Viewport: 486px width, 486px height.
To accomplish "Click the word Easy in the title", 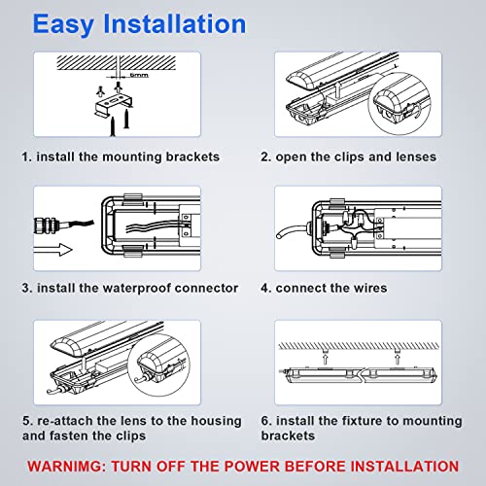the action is click(63, 25).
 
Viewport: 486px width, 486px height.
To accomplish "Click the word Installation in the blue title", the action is click(175, 23).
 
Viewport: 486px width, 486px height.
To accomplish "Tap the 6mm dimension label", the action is click(139, 75).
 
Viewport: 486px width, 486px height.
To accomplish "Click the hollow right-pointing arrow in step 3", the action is click(52, 250).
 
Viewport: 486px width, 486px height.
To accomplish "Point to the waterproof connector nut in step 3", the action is click(47, 225).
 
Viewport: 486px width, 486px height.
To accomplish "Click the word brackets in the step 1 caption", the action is click(192, 156).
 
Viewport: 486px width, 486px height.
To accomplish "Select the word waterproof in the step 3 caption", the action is click(136, 288).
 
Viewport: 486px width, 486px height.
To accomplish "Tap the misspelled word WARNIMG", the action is click(67, 467).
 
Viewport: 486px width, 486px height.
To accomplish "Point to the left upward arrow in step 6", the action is click(326, 359).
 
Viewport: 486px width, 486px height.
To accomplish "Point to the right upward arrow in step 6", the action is click(398, 359).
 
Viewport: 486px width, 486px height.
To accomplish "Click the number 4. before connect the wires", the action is click(265, 288).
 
